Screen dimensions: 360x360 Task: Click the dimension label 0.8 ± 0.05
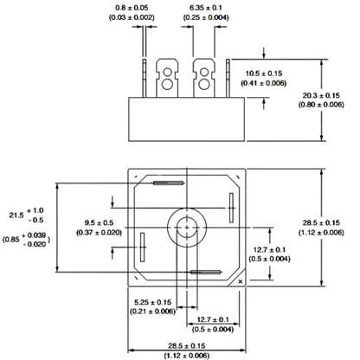132,8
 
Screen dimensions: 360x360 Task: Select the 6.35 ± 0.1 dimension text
206,8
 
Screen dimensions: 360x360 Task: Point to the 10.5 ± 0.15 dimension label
264,74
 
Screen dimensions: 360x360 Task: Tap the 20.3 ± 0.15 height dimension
321,95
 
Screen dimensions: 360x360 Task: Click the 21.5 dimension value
16,215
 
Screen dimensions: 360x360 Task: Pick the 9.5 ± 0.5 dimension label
99,222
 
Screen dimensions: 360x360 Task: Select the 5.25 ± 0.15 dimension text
152,302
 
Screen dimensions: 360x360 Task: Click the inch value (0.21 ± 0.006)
152,312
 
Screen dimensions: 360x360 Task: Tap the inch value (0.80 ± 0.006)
321,105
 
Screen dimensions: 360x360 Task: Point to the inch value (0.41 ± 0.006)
264,83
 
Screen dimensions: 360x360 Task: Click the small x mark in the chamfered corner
241,282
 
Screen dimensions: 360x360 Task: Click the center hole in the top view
187,228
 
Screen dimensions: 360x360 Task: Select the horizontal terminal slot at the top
169,183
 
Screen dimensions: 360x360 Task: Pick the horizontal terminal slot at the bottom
206,272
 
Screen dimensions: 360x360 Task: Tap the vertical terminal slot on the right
231,208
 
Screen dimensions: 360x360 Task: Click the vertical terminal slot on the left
142,247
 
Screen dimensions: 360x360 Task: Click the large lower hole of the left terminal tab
167,84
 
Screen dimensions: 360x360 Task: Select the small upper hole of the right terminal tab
204,72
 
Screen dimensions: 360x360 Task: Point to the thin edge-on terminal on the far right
228,78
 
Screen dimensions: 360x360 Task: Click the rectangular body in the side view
187,119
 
